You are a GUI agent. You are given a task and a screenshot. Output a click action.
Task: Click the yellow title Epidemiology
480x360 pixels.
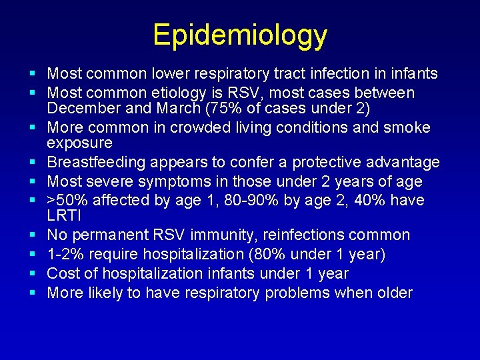240,35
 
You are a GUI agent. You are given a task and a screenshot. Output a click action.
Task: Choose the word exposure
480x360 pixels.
79,143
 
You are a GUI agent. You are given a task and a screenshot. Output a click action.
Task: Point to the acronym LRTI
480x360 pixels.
64,216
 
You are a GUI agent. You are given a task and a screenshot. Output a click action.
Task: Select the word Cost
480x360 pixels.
65,273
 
